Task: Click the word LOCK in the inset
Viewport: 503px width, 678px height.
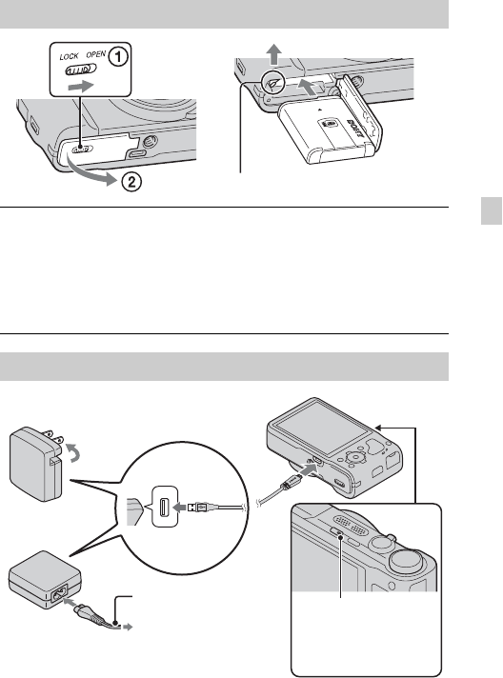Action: click(69, 56)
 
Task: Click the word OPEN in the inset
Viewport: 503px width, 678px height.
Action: click(95, 54)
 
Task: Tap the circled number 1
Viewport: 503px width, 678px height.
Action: click(117, 57)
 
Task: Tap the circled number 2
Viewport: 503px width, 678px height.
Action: click(131, 182)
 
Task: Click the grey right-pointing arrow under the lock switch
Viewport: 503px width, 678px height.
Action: click(81, 86)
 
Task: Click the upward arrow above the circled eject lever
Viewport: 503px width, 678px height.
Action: click(273, 54)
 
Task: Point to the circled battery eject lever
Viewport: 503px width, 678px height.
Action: click(273, 83)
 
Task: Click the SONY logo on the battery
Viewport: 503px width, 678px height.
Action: click(353, 129)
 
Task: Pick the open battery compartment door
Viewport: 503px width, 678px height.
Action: click(360, 112)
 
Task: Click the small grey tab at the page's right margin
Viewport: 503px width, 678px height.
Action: click(492, 211)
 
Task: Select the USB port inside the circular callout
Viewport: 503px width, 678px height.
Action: click(165, 507)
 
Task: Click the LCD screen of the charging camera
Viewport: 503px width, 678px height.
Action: click(323, 429)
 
